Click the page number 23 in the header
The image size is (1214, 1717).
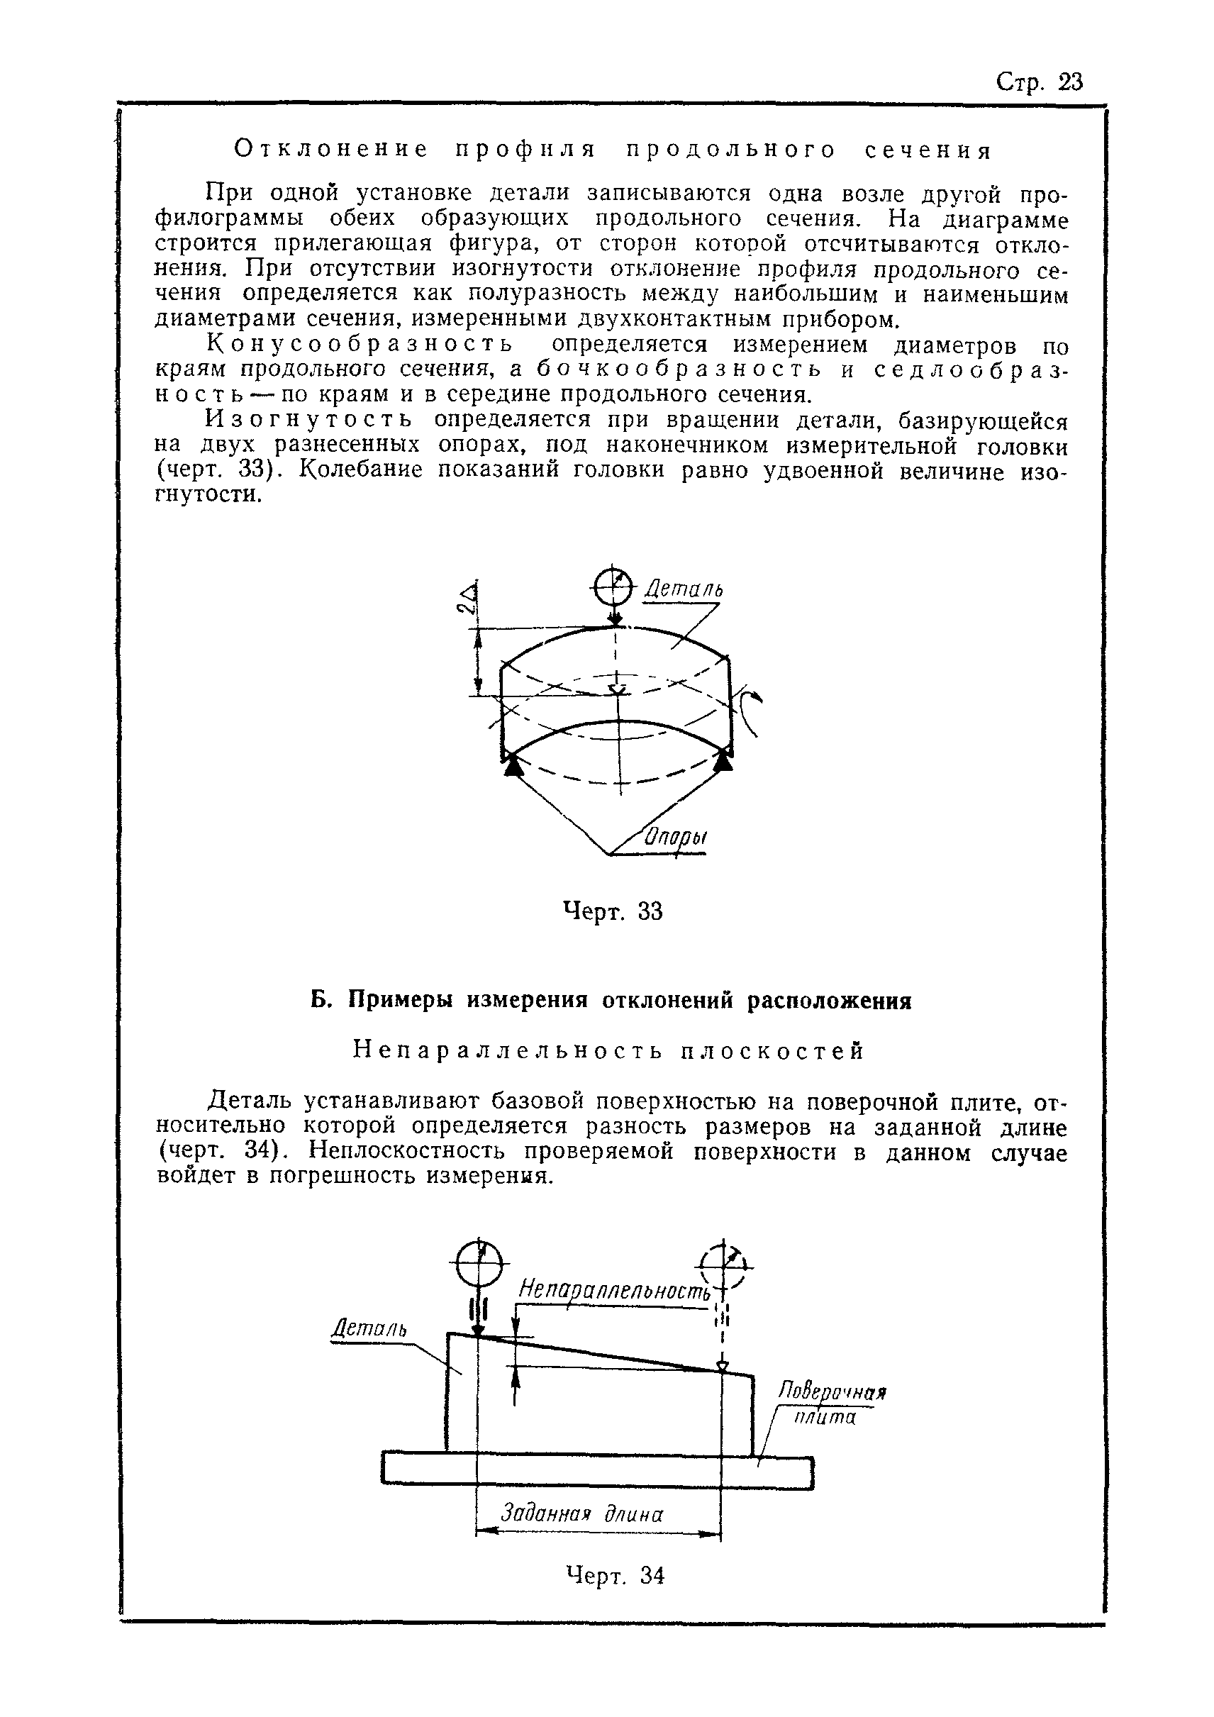pos(1071,82)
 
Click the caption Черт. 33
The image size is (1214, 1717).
pos(612,911)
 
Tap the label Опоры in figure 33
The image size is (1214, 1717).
pos(676,837)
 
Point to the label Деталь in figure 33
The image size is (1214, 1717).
pos(684,590)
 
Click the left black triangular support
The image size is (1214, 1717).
pos(512,766)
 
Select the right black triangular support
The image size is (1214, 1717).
pos(723,761)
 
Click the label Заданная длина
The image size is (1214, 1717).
pos(581,1510)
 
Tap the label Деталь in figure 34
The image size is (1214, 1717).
pos(369,1329)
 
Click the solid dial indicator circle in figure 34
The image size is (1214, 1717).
pos(479,1263)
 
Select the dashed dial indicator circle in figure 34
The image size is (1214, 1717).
pos(721,1265)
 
